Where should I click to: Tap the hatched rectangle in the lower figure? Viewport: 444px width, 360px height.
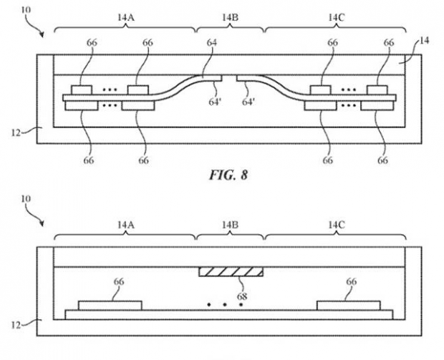coord(231,273)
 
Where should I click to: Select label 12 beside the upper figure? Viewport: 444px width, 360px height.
coord(17,130)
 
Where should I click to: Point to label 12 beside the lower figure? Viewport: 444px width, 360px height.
coord(17,323)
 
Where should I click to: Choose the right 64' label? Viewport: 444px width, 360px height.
coord(248,102)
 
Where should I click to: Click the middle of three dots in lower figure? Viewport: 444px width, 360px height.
coord(225,305)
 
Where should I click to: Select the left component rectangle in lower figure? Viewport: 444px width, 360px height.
coord(110,306)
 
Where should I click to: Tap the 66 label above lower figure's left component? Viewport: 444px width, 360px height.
coord(119,282)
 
